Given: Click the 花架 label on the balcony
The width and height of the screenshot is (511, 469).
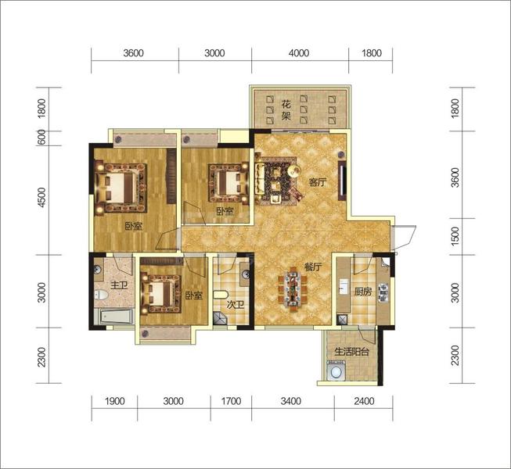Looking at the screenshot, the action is [x=286, y=110].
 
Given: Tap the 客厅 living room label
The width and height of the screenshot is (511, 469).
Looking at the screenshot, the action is [x=318, y=182].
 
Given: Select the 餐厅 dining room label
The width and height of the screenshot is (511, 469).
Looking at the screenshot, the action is [x=313, y=267].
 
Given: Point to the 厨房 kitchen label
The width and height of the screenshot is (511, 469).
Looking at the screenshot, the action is [x=363, y=292].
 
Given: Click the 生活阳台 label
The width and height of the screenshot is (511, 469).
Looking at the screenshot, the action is [x=352, y=352].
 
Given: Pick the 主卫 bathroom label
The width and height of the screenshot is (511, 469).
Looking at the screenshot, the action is [x=119, y=286].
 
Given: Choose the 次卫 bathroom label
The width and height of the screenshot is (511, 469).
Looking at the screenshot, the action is [x=236, y=305].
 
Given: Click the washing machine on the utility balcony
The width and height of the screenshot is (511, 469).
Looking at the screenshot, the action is [x=334, y=370].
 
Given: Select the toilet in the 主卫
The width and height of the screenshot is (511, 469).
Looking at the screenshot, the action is [x=101, y=295].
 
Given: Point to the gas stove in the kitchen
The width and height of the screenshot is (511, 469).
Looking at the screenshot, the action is [x=383, y=292].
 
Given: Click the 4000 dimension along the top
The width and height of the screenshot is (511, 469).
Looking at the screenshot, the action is [x=299, y=53].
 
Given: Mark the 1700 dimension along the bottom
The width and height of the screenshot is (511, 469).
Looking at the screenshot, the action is [x=231, y=401].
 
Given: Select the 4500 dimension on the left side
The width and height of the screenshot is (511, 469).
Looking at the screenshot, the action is [x=42, y=197].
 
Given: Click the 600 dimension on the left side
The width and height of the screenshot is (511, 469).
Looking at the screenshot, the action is [x=42, y=138].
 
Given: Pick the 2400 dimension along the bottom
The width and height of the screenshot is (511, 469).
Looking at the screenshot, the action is [x=364, y=401].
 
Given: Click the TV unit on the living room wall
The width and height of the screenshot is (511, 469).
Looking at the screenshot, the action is [x=342, y=181].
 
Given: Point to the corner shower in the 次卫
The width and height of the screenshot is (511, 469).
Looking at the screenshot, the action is [x=219, y=318].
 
